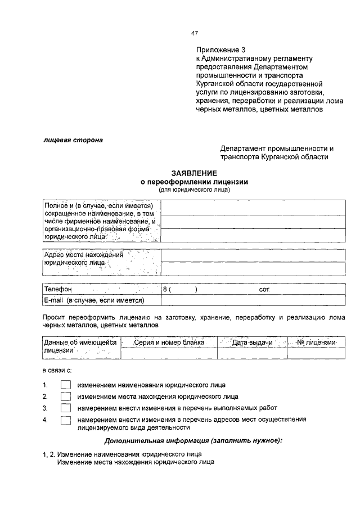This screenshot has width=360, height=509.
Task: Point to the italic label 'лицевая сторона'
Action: tap(73, 139)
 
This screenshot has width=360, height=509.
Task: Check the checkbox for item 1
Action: tap(66, 385)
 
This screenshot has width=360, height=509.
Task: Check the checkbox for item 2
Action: tap(66, 397)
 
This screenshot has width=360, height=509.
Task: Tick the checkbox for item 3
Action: tap(66, 408)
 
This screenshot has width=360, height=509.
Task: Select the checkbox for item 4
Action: tap(66, 420)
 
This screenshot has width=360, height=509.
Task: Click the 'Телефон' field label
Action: tap(58, 290)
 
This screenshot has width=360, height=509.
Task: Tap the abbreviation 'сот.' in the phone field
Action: tap(265, 290)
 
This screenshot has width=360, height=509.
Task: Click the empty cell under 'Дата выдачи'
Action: tap(252, 353)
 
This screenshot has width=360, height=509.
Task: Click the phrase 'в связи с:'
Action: tap(57, 371)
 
